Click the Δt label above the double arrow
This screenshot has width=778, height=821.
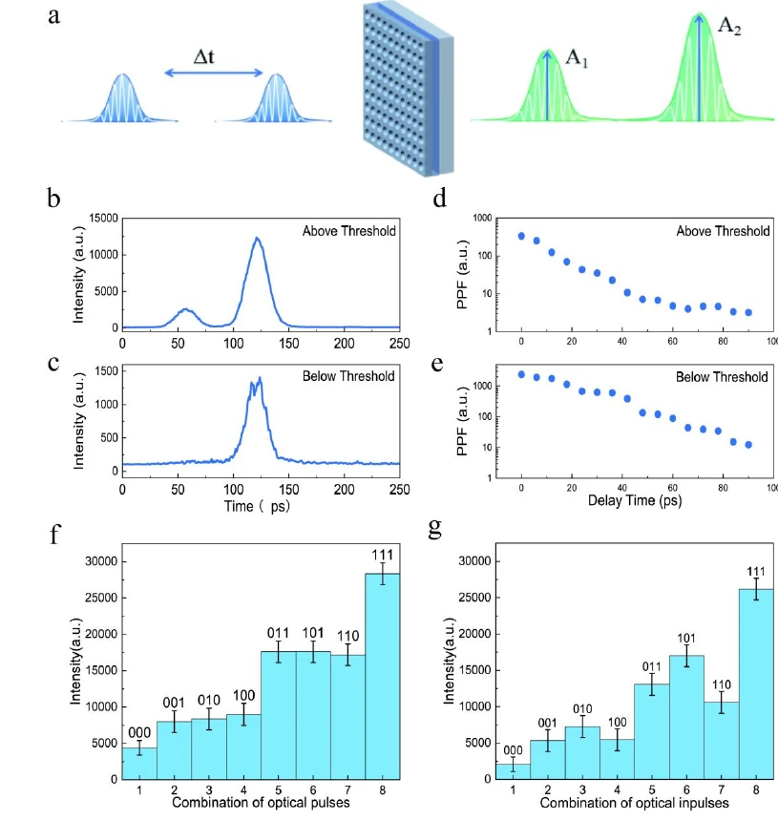204,56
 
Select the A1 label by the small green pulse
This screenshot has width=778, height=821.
577,58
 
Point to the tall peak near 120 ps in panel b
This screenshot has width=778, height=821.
256,241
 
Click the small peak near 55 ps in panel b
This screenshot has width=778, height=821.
187,310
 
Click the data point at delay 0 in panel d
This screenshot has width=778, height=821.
521,236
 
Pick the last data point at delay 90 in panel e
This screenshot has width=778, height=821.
749,445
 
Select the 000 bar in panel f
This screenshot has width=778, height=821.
139,764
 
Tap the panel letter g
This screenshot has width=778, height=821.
436,529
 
